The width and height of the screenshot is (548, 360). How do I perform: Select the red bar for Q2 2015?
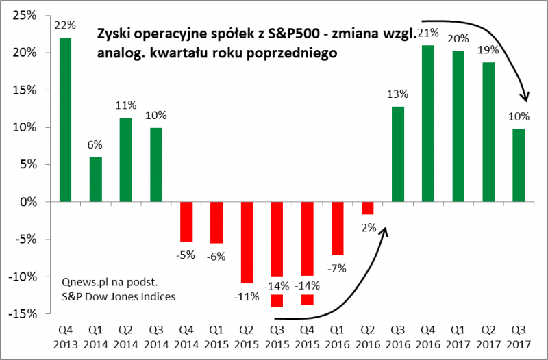(x=247, y=242)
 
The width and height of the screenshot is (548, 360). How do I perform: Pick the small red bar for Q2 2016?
(x=368, y=208)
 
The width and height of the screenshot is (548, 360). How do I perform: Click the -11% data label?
(x=247, y=296)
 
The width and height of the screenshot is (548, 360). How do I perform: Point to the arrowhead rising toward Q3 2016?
(x=385, y=233)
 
